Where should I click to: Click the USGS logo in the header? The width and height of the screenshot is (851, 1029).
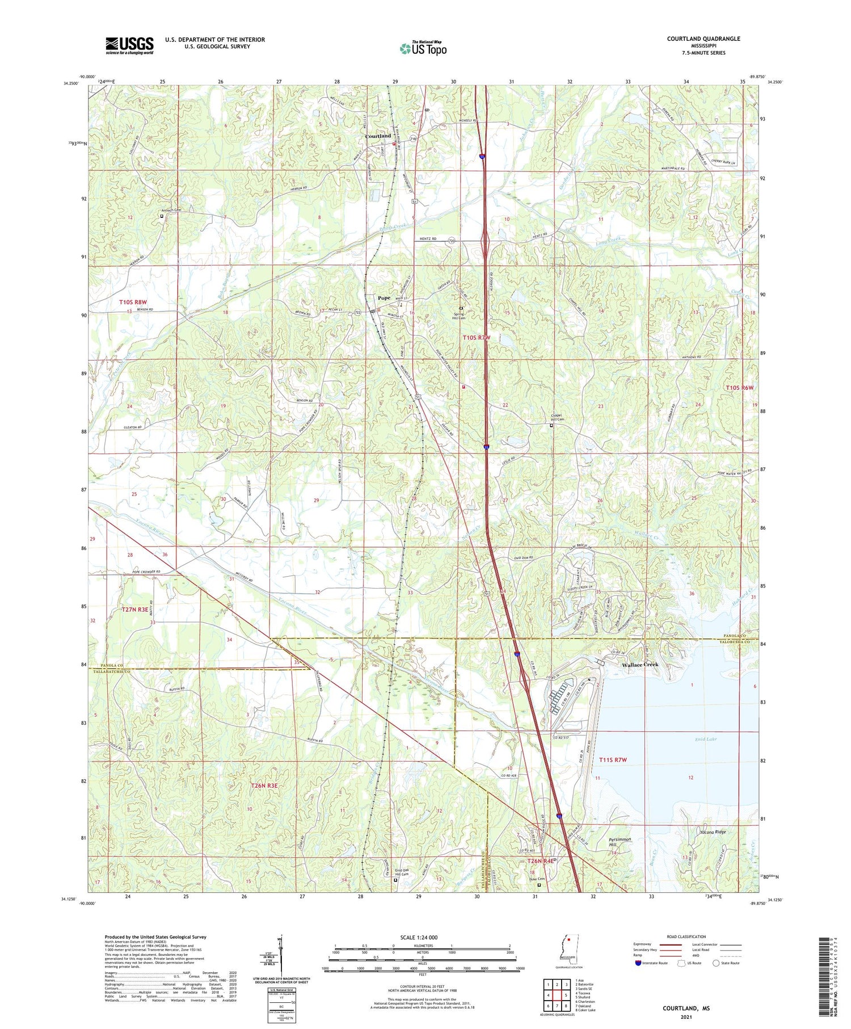[129, 45]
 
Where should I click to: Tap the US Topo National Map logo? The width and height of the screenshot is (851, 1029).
[423, 48]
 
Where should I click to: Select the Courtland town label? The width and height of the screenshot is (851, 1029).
[378, 136]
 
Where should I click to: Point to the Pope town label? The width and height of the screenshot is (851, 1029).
[384, 298]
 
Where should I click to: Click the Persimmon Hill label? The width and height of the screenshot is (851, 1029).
[620, 842]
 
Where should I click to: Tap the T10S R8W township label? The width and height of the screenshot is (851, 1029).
[133, 303]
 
